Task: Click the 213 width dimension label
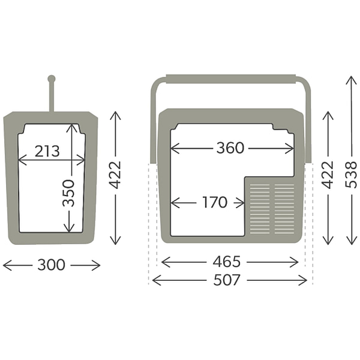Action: coord(47,151)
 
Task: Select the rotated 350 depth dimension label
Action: coord(68,193)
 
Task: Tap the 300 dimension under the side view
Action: coord(51,265)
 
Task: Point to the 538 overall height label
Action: coord(351,175)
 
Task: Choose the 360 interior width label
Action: coord(230,148)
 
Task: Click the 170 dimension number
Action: coord(215,202)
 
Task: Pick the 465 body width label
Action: coord(227,262)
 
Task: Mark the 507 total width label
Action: coord(227,280)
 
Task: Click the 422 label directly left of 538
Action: coord(328,175)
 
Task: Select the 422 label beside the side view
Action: coord(115,175)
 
